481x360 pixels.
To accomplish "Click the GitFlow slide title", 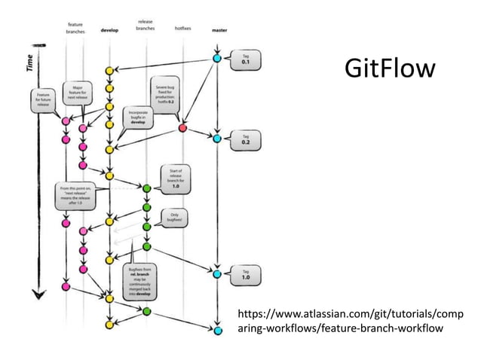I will coord(389,69).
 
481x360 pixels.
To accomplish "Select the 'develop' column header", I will coord(109,32).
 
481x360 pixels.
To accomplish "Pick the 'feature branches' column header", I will coord(74,29).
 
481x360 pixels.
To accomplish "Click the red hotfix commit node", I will coord(182,128).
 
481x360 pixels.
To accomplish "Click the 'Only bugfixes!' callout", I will coord(173,218).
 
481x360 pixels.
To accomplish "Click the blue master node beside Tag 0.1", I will coord(217,58).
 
